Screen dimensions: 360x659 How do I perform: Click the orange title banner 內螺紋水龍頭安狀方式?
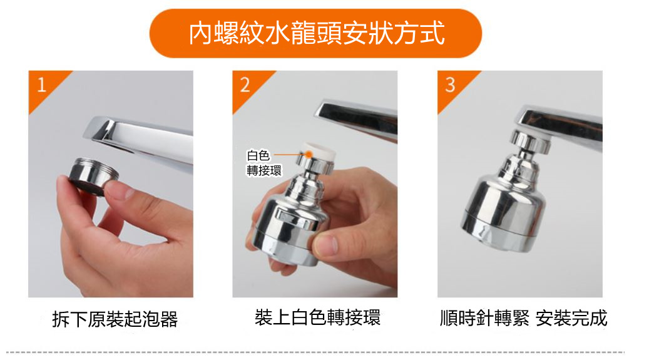tap(316, 33)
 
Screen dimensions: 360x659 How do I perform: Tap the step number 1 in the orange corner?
tap(41, 85)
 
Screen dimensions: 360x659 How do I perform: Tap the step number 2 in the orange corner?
tap(245, 85)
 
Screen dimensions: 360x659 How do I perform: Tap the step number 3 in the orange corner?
tap(449, 85)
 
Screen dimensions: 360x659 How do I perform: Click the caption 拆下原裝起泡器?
tap(115, 319)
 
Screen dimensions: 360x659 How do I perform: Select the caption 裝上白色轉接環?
tap(317, 317)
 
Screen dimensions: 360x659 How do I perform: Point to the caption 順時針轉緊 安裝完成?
tap(523, 318)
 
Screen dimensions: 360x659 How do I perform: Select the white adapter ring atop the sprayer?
tap(315, 150)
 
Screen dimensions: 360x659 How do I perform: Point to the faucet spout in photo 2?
tap(357, 119)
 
